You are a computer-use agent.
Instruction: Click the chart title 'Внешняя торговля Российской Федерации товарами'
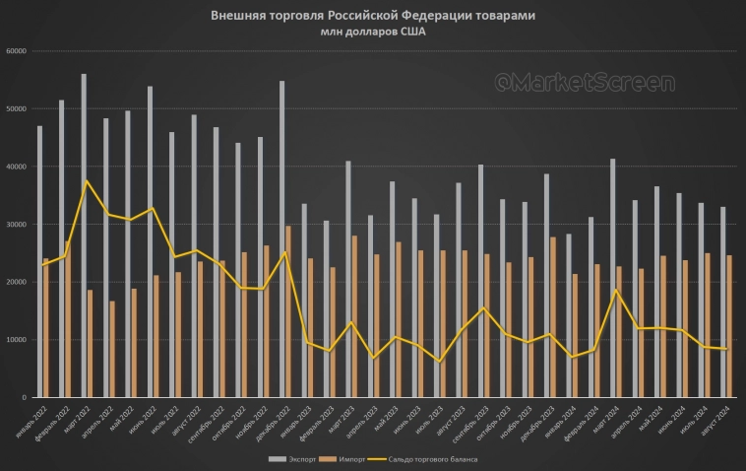point(373,17)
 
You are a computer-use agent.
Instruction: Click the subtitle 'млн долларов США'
point(373,32)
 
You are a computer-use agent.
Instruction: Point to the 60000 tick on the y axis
point(15,51)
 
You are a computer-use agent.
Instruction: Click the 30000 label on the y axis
point(15,225)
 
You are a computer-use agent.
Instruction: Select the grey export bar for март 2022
point(84,235)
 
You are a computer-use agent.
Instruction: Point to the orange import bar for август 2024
point(729,326)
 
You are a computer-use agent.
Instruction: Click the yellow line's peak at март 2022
point(87,180)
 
